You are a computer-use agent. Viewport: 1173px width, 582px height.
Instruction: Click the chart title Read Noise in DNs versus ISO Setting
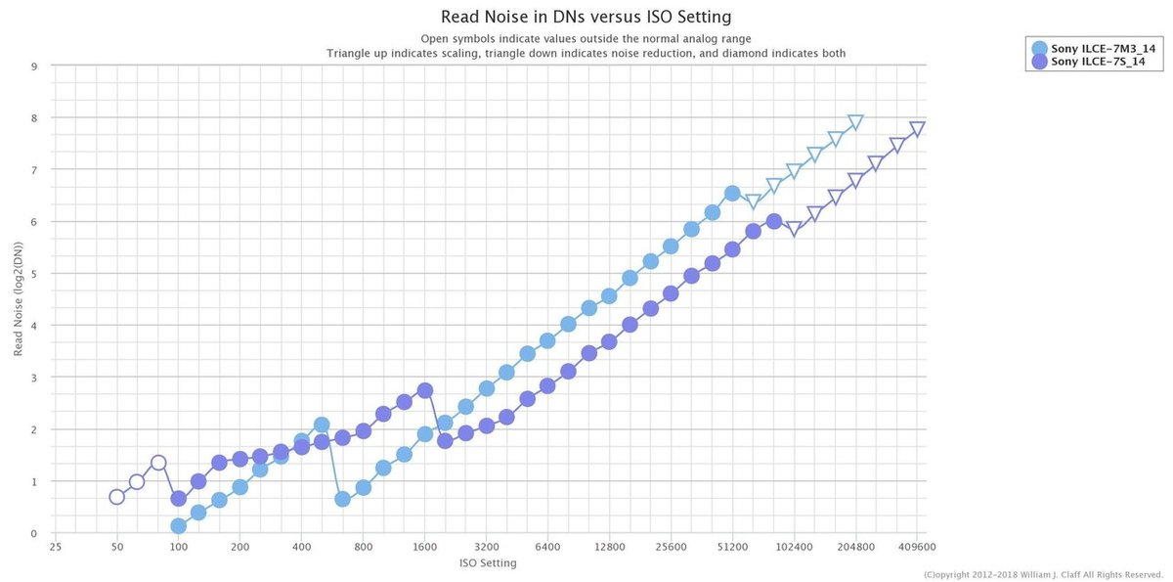pyautogui.click(x=586, y=17)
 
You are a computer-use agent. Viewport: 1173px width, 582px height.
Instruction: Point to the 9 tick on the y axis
pyautogui.click(x=34, y=67)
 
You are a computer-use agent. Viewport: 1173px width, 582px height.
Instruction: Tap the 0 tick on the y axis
pyautogui.click(x=34, y=533)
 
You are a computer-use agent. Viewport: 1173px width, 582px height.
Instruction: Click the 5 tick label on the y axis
pyautogui.click(x=34, y=274)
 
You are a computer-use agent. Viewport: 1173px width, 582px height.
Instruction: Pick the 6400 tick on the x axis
pyautogui.click(x=547, y=548)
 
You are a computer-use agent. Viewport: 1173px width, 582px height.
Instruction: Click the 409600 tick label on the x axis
pyautogui.click(x=917, y=548)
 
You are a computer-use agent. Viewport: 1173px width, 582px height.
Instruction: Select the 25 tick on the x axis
pyautogui.click(x=56, y=548)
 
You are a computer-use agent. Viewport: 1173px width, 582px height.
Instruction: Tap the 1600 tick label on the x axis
pyautogui.click(x=424, y=548)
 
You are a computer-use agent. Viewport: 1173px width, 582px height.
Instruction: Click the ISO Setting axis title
pyautogui.click(x=487, y=563)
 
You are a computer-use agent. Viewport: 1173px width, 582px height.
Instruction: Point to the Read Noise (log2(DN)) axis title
pyautogui.click(x=18, y=300)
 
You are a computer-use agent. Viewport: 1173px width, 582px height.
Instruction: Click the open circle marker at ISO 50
pyautogui.click(x=117, y=497)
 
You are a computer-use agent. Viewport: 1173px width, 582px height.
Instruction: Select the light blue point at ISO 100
pyautogui.click(x=178, y=526)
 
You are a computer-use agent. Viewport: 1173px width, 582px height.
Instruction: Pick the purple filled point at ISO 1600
pyautogui.click(x=424, y=390)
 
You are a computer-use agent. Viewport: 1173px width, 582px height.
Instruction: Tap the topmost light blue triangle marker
pyautogui.click(x=855, y=122)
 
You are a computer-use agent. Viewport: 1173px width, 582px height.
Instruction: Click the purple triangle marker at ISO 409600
pyautogui.click(x=917, y=129)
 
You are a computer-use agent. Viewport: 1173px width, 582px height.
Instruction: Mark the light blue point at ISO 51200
pyautogui.click(x=732, y=194)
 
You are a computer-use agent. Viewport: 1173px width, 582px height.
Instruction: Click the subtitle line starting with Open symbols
pyautogui.click(x=586, y=38)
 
